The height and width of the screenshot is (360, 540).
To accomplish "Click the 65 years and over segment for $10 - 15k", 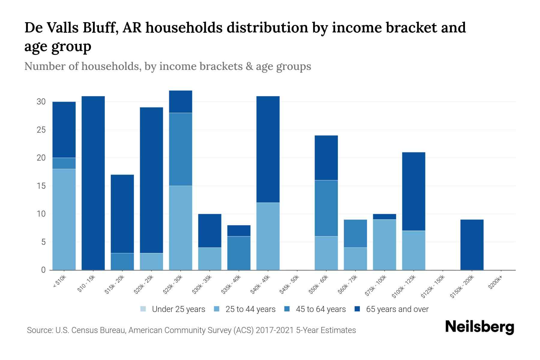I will click(93, 183).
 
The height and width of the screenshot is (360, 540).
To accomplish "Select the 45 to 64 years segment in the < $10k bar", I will click(64, 163).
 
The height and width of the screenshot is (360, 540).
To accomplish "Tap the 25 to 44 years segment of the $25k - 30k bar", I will click(181, 228).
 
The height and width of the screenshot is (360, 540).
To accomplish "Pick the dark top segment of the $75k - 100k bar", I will click(384, 217).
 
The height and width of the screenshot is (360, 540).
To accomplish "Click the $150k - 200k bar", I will click(472, 245).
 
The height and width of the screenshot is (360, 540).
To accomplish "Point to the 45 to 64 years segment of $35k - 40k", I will click(239, 253).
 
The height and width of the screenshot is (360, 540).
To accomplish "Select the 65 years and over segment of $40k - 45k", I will click(268, 149).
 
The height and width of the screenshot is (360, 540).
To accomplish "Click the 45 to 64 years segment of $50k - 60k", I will click(326, 208).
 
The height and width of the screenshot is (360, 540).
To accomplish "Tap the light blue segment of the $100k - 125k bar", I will click(413, 250).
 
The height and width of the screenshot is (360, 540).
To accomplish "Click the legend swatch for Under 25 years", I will click(143, 309).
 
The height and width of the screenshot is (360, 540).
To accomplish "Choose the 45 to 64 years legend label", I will click(321, 309).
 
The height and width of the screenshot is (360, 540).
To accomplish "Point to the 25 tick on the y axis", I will click(41, 130).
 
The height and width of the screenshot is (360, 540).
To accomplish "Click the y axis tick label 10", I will click(41, 214).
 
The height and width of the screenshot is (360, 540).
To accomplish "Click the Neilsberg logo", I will click(479, 327).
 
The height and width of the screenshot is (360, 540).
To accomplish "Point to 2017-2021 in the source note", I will click(275, 330).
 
